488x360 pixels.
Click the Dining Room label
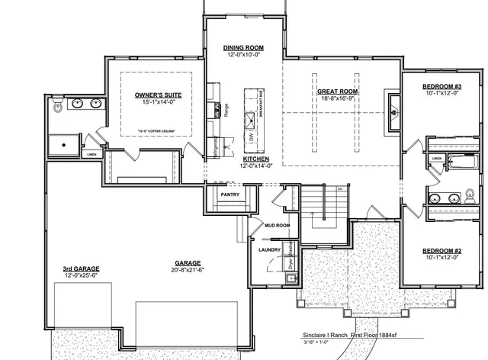(x=244, y=47)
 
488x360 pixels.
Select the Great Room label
(x=338, y=92)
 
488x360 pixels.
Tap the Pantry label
(x=230, y=194)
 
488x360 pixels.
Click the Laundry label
(x=270, y=249)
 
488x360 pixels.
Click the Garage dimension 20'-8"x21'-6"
(x=188, y=268)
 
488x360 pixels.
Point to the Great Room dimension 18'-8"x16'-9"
(x=338, y=99)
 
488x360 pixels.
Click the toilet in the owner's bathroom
(x=59, y=108)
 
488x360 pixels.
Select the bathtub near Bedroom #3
(x=461, y=161)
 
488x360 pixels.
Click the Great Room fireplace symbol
(x=393, y=111)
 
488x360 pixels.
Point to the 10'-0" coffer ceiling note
(x=157, y=132)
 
